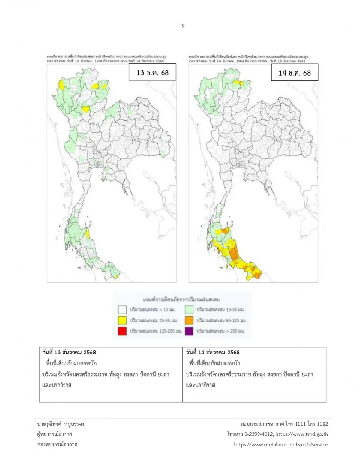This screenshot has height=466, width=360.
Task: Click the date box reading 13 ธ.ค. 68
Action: [152, 73]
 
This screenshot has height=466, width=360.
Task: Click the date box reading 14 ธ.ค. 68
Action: [294, 73]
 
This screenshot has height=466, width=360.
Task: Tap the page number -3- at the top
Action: [183, 26]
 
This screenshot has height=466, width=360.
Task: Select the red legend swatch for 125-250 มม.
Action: [122, 331]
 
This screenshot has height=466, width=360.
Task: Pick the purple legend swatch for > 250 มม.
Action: [189, 331]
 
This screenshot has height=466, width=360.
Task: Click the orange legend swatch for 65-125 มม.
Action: [189, 320]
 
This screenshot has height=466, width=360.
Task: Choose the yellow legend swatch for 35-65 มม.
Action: [122, 320]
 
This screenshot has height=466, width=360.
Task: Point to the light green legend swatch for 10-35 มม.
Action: [189, 309]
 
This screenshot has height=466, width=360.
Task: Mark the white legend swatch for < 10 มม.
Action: [122, 309]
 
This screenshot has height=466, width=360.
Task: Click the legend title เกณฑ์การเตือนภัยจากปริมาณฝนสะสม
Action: [181, 299]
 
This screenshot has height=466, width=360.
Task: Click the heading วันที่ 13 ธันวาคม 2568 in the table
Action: [69, 352]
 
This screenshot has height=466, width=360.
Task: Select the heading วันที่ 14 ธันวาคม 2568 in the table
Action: [213, 352]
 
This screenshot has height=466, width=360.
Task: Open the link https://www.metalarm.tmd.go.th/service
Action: [281, 444]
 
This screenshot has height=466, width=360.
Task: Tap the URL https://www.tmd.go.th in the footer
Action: [301, 434]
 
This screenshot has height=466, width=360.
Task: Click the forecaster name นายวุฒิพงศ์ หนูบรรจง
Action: [60, 424]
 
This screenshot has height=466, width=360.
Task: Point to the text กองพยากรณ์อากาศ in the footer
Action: [57, 444]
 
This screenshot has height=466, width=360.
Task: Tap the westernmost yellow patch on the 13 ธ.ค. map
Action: [61, 85]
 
